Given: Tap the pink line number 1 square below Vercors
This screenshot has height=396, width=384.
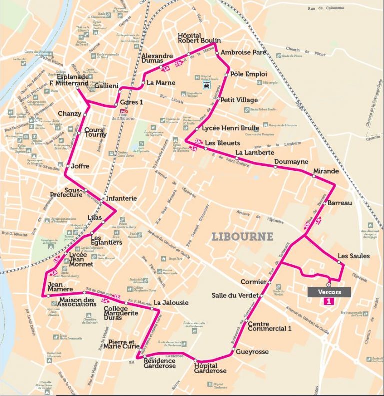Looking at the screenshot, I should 329,302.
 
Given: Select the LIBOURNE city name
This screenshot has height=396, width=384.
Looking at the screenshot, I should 242,236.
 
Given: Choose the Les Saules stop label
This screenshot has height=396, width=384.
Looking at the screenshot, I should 354,256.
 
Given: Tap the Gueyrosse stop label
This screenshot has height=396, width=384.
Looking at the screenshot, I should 252,352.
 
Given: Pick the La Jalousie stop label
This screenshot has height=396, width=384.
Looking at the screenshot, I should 171,302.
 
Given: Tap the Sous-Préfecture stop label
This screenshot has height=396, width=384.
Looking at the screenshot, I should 66,192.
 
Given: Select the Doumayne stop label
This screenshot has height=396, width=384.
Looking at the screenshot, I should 289,162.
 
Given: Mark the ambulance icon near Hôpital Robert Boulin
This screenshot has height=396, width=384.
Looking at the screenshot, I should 206,85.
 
